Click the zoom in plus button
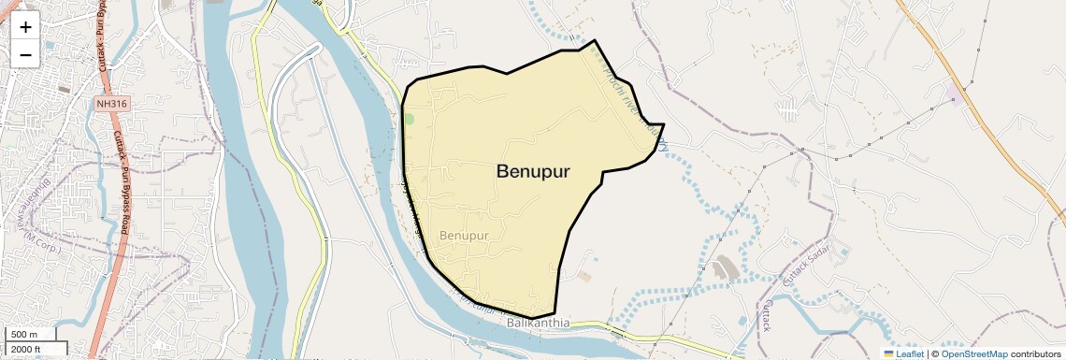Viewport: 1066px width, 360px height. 25,27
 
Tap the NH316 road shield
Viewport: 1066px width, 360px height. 110,104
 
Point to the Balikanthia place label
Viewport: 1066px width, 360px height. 538,324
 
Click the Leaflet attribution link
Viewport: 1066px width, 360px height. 910,353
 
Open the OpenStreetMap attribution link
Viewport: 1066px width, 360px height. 973,353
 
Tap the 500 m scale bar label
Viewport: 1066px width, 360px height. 24,335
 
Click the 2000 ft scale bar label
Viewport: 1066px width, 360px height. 26,350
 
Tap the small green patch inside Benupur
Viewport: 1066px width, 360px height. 409,120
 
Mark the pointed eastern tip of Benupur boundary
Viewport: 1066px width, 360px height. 663,123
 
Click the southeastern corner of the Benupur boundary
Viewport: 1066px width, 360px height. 555,314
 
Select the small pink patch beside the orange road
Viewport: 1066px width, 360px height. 955,93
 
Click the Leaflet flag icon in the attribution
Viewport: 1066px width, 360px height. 888,353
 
